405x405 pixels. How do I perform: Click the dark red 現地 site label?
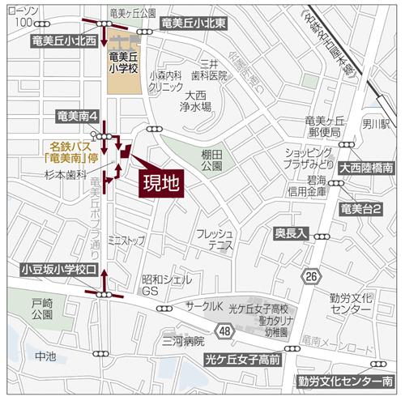pyautogui.click(x=160, y=184)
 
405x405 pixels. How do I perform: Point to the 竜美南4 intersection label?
pyautogui.click(x=79, y=117)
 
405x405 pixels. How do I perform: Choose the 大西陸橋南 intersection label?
pyautogui.click(x=366, y=168)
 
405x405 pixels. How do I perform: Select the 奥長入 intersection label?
pyautogui.click(x=291, y=232)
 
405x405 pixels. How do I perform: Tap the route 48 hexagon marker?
pyautogui.click(x=224, y=330)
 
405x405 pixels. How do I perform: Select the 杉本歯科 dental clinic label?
pyautogui.click(x=65, y=173)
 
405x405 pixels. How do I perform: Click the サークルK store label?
pyautogui.click(x=205, y=305)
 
